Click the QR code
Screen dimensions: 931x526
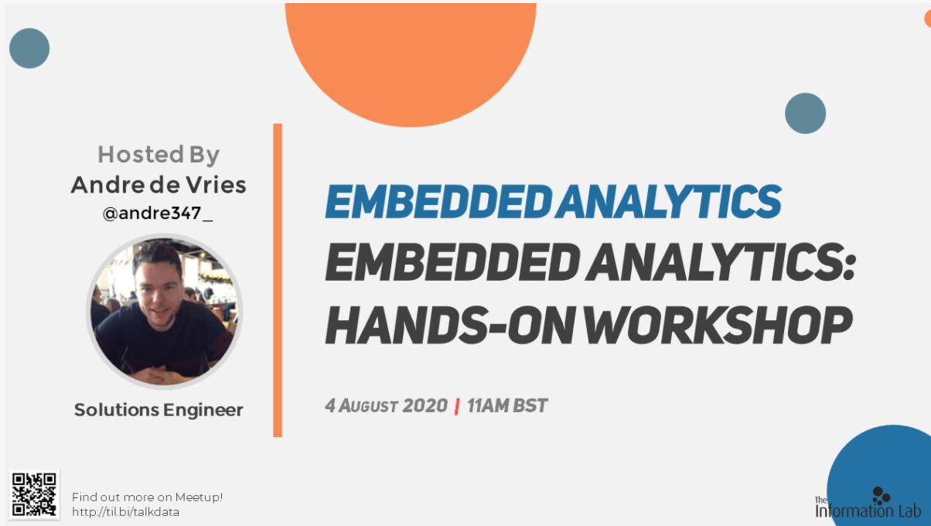point(34,494)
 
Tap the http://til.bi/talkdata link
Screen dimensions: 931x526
point(125,512)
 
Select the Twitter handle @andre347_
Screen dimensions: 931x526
point(158,213)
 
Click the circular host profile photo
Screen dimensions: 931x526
point(164,311)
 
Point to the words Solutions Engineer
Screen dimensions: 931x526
point(159,410)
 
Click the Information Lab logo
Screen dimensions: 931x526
point(868,503)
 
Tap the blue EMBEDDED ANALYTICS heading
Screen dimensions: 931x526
point(553,202)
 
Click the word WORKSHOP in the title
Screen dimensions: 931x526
point(718,325)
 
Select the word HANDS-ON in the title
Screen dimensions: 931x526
point(450,325)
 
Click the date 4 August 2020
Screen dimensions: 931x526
point(386,406)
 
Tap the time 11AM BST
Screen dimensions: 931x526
point(507,406)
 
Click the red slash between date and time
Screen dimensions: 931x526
point(457,406)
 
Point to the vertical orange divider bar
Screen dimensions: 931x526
point(278,280)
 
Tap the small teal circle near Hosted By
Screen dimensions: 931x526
point(29,48)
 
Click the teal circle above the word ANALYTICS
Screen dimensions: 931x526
point(805,113)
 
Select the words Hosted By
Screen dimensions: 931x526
point(159,155)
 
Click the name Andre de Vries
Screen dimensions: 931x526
point(159,185)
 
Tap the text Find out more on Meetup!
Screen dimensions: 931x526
point(147,497)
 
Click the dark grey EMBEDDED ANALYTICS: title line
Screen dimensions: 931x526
point(590,263)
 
